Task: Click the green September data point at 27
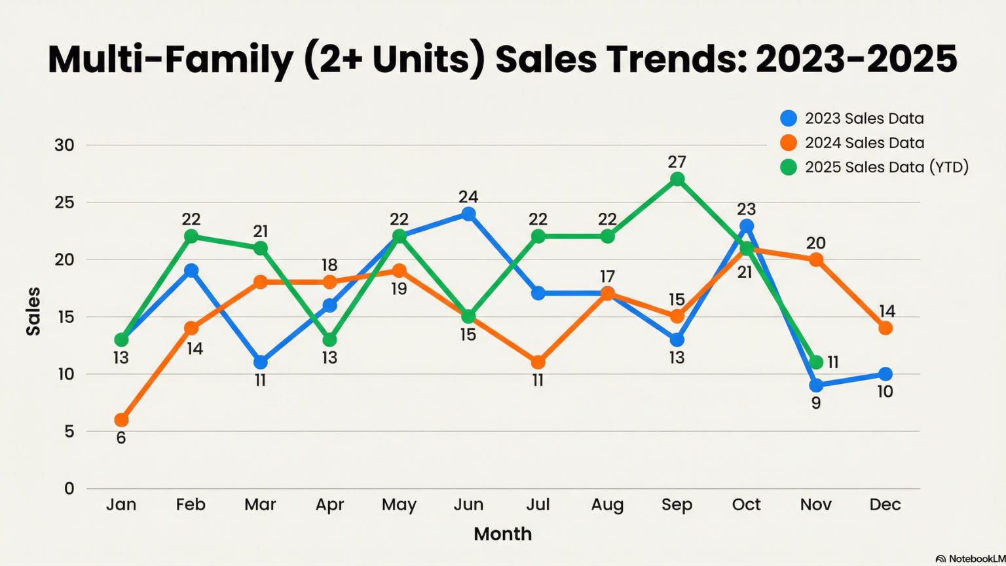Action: coord(677,179)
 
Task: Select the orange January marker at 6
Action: coord(121,420)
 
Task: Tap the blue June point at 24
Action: coord(468,214)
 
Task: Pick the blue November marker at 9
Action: coord(816,385)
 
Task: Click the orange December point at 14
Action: coord(885,328)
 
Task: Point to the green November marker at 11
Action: coord(816,362)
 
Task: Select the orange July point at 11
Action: coord(538,362)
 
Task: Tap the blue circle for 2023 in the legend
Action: coord(789,119)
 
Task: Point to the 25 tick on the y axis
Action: coord(64,202)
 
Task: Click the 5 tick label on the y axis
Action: coord(69,432)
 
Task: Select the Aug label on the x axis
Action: coord(607,504)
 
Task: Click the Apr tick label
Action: coord(329,504)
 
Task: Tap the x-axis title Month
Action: coord(502,534)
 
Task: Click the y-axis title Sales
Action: coord(33,311)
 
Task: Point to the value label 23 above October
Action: coord(746,210)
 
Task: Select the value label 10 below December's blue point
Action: coord(885,392)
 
